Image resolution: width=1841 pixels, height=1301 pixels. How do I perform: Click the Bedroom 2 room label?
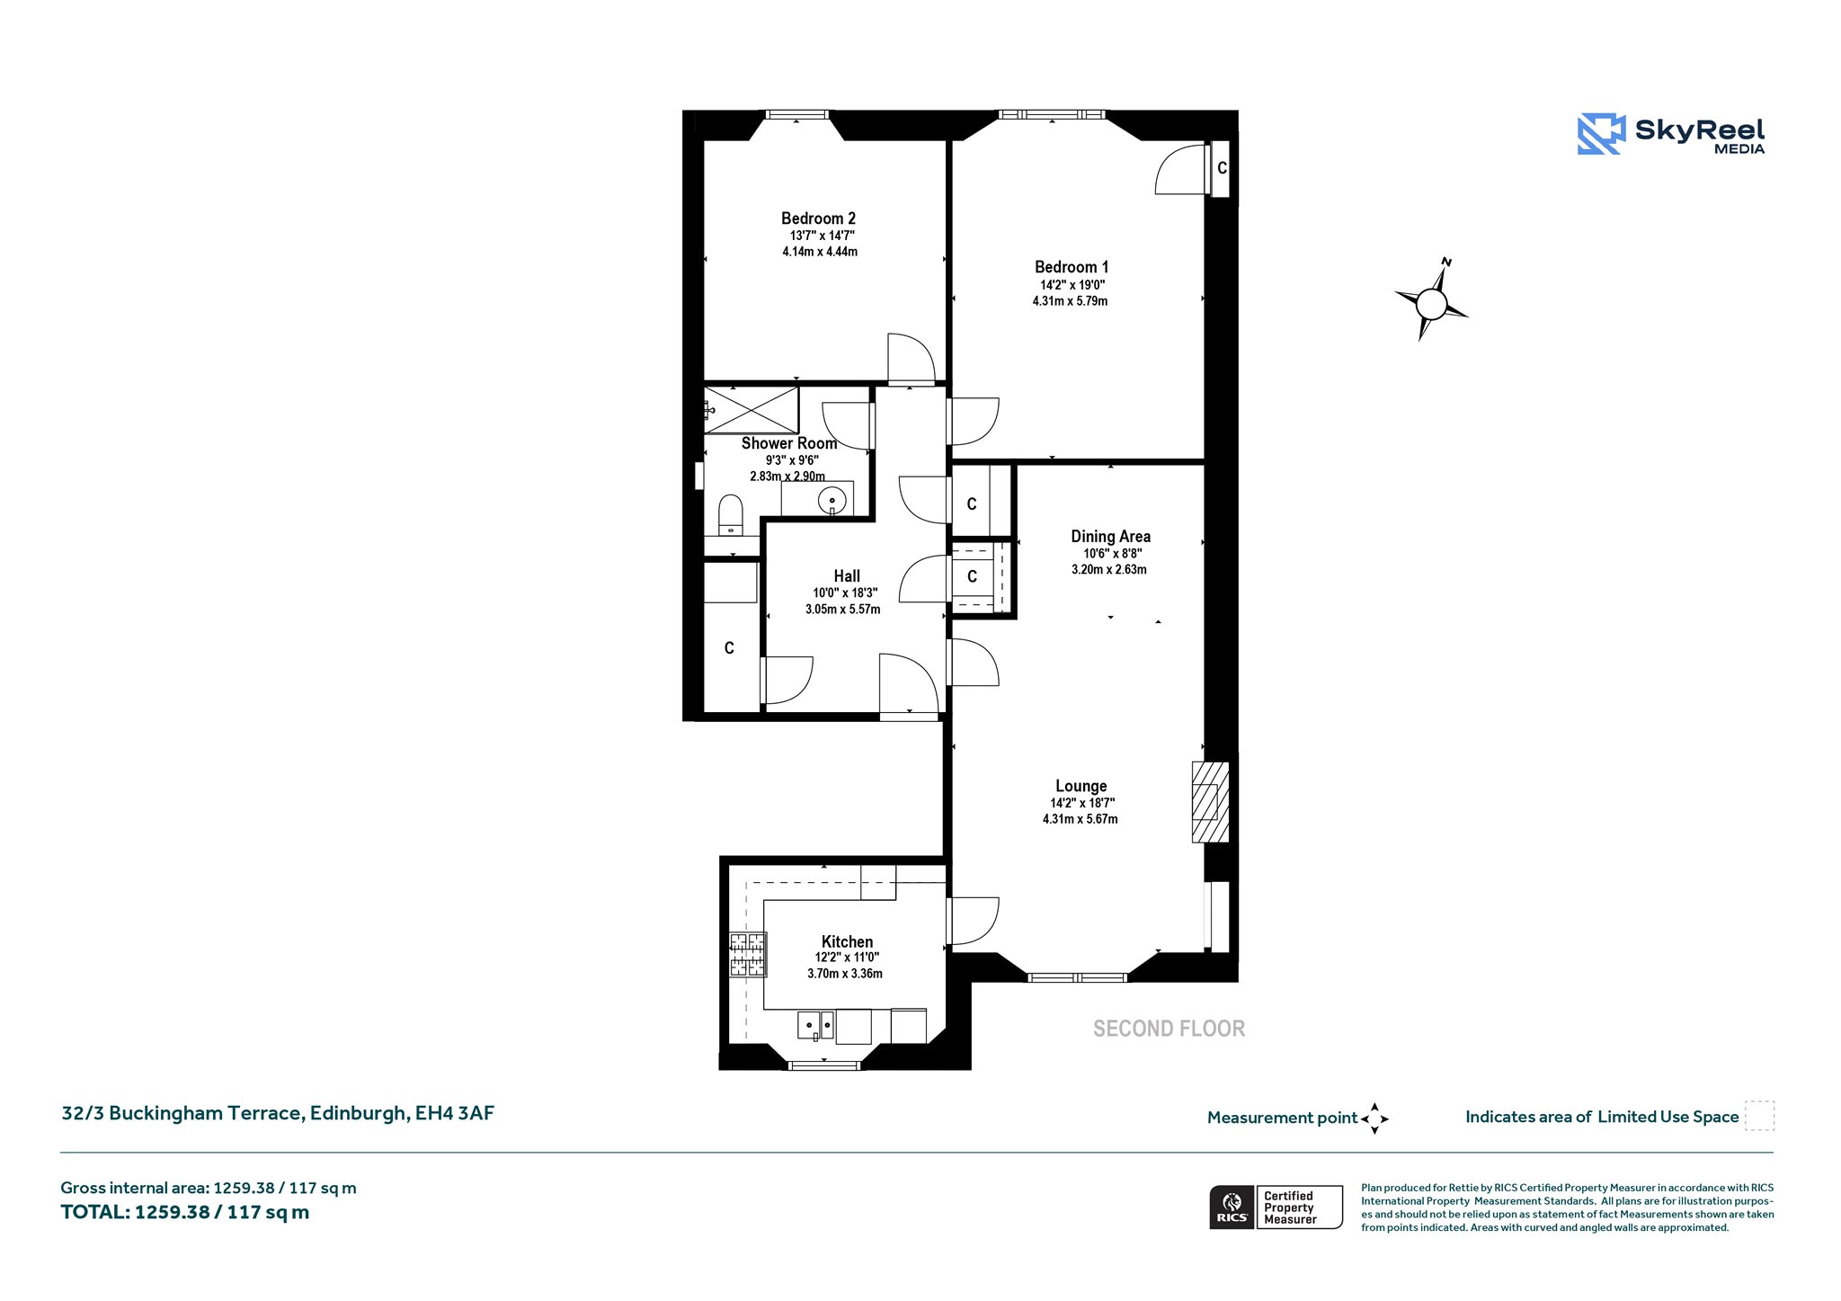pos(818,218)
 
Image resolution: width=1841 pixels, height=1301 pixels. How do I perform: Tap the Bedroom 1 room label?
pos(1072,267)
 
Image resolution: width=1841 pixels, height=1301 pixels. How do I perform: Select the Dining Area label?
pos(1110,537)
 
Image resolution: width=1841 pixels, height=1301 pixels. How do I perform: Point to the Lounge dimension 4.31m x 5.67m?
pos(1080,819)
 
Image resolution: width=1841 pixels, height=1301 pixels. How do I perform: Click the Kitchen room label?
pos(847,941)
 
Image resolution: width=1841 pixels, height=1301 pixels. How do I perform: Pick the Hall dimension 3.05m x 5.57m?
pos(842,609)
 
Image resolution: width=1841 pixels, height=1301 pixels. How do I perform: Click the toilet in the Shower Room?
pos(731,514)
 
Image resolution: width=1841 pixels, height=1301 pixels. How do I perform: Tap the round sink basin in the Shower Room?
pos(832,500)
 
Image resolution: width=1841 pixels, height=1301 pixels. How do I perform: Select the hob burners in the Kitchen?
pos(748,955)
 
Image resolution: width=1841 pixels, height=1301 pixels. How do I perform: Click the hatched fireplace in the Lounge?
pos(1210,802)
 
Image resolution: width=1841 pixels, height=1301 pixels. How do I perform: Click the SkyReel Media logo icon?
pos(1601,134)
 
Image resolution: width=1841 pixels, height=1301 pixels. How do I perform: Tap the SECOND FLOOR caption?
pos(1169,1029)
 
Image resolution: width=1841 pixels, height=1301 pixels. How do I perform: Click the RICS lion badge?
pos(1232,1207)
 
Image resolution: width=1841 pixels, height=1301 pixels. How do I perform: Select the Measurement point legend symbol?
pos(1374,1118)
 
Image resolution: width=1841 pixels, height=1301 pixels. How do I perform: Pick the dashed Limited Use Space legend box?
pos(1759,1116)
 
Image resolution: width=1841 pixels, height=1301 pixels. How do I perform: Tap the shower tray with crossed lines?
pos(751,410)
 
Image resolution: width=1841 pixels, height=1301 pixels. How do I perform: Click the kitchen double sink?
pos(816,1025)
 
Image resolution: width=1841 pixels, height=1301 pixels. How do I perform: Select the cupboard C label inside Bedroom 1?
pos(1222,168)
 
